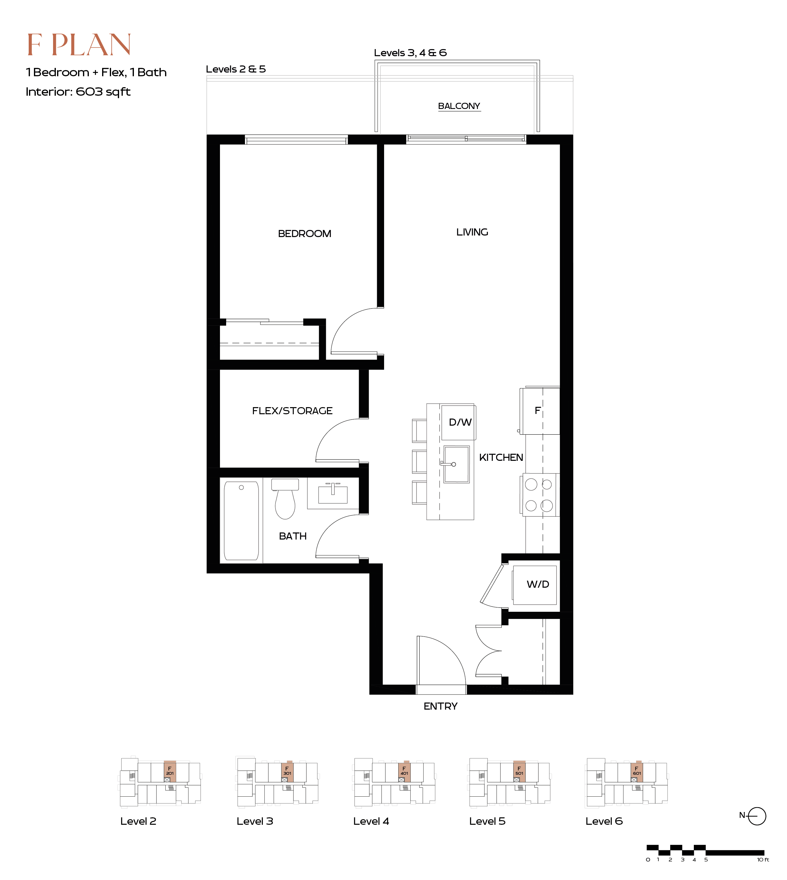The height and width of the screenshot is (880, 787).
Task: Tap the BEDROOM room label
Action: [304, 234]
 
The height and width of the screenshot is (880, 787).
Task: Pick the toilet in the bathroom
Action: [285, 498]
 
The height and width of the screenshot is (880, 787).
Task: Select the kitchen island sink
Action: [456, 464]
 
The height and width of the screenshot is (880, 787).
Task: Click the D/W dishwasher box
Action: [458, 422]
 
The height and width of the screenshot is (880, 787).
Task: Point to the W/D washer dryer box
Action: [535, 585]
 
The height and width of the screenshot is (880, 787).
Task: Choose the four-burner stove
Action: [539, 495]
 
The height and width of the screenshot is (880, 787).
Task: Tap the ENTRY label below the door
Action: [440, 707]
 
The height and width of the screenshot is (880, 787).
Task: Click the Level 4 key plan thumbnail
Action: [394, 782]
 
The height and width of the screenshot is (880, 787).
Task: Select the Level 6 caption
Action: [604, 821]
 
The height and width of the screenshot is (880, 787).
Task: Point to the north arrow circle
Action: [757, 816]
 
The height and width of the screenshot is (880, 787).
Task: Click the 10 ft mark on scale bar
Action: [763, 860]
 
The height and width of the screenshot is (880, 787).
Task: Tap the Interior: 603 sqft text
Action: [78, 92]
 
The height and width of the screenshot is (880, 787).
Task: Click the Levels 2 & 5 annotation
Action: [236, 69]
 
